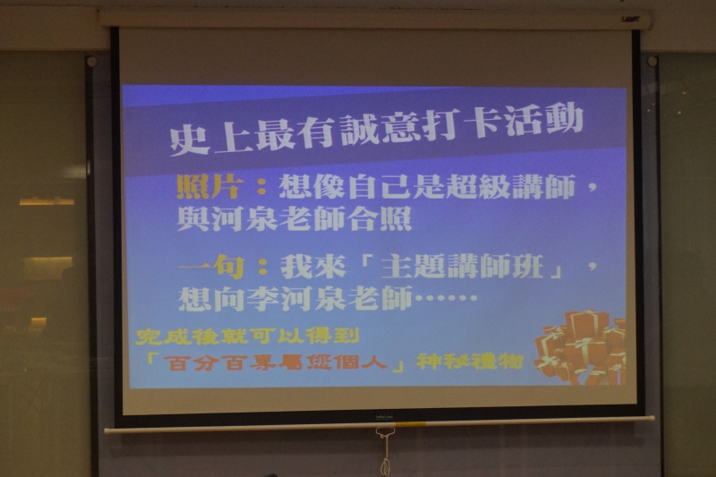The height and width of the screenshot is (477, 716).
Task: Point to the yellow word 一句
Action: [210, 268]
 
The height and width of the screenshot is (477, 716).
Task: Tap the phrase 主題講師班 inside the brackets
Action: [462, 266]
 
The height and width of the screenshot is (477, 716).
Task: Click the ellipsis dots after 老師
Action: [445, 299]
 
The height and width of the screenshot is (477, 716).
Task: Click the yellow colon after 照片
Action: [261, 187]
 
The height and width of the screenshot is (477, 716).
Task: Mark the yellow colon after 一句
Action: [262, 268]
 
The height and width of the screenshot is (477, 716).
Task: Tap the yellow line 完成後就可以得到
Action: [248, 336]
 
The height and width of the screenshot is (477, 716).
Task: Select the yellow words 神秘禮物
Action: [470, 362]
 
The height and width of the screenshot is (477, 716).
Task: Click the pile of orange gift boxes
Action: [581, 347]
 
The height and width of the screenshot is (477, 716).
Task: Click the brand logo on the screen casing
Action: [630, 19]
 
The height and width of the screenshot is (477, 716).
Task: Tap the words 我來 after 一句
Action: [313, 268]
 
